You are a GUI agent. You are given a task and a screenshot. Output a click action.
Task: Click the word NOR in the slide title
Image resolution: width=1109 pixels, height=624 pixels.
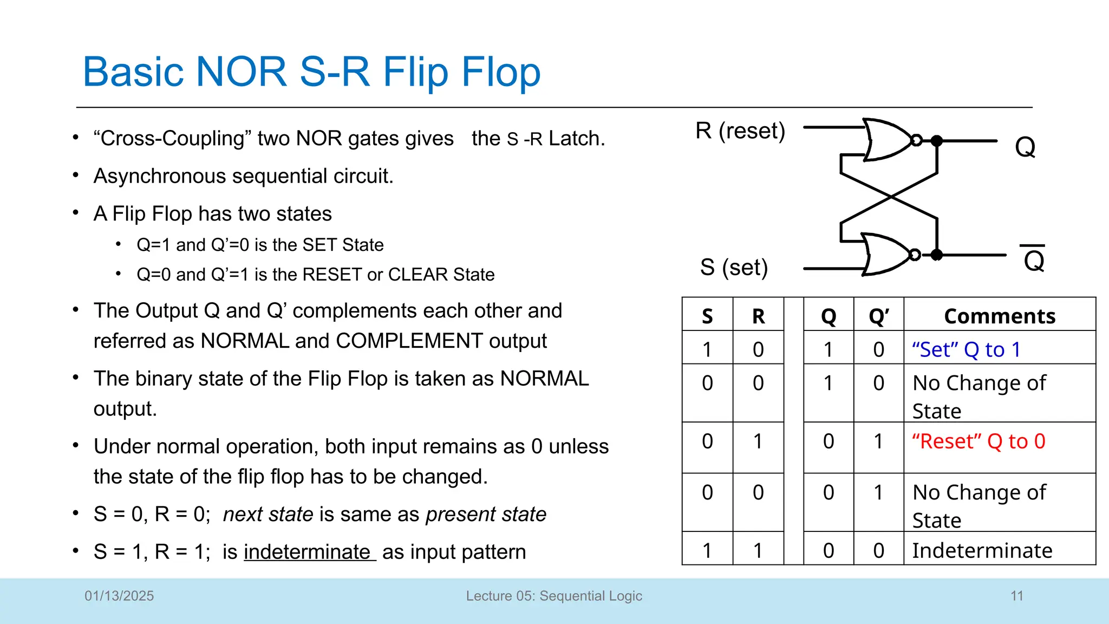point(241,71)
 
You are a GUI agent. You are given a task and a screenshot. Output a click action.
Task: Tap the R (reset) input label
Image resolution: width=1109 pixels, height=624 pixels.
point(740,131)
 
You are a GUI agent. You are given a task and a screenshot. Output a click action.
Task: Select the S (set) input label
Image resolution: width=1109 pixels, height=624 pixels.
point(734,267)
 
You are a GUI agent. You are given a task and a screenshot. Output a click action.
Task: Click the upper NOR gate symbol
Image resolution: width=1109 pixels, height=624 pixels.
point(888,140)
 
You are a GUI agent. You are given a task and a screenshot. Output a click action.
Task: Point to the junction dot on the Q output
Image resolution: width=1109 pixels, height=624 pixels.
point(937,141)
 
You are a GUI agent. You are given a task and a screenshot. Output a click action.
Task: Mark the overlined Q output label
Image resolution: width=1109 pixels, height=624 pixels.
point(1033,261)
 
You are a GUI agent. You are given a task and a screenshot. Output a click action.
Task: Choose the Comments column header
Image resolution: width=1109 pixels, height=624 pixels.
point(1000,316)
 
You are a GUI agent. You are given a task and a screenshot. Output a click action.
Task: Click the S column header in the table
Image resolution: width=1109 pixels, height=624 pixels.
point(707,316)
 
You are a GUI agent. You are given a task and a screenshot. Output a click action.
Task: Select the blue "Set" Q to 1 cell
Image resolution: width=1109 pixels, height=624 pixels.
point(966,350)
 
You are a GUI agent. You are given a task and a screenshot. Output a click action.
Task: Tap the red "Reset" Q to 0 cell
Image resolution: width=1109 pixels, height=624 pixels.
point(978,441)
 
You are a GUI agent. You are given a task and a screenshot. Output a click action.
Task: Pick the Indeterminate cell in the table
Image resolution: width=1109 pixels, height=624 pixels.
point(982,550)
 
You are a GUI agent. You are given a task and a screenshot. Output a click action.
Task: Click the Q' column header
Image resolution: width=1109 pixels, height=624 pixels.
point(878,316)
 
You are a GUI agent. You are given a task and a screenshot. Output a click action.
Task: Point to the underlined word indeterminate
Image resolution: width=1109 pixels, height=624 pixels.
point(308,552)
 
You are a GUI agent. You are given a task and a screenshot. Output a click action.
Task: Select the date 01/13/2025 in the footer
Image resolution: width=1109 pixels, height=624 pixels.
point(119,596)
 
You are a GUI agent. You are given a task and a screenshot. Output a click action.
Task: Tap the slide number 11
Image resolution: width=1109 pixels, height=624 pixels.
point(1016,596)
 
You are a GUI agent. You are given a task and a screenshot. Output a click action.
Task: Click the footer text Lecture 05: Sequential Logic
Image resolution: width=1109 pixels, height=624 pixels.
point(554,596)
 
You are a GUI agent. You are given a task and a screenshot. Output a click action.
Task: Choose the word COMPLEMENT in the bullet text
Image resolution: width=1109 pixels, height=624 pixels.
point(409,341)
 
